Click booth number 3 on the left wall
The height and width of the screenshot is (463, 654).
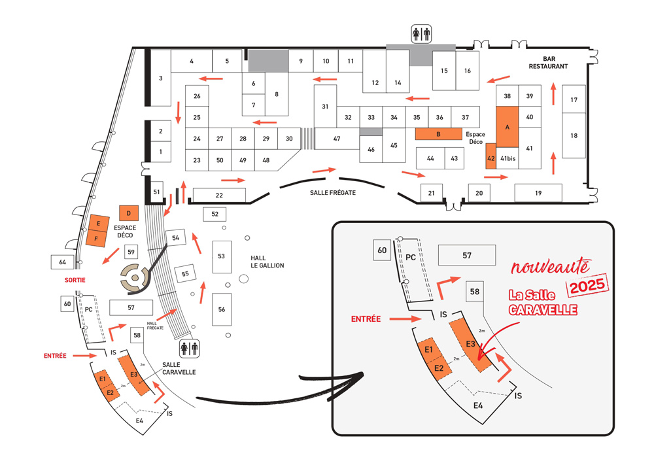tap(160, 78)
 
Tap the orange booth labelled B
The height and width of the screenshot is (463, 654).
tap(438, 134)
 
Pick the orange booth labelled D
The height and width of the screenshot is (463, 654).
tap(129, 213)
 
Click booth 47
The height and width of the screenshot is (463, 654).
tap(337, 139)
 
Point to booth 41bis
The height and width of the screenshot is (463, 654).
tap(508, 158)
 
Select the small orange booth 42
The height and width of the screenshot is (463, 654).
tap(491, 158)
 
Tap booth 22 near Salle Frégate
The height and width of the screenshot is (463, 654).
tap(219, 195)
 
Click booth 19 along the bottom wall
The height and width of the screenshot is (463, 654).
tap(538, 193)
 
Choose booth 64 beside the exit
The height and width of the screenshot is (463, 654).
tap(63, 262)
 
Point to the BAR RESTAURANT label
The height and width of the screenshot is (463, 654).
tap(548, 62)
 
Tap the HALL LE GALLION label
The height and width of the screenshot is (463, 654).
tap(267, 261)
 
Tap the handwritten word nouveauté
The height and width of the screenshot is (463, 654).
tap(551, 267)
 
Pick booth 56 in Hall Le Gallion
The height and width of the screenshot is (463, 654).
tap(222, 309)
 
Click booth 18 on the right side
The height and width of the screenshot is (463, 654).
tap(574, 135)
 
